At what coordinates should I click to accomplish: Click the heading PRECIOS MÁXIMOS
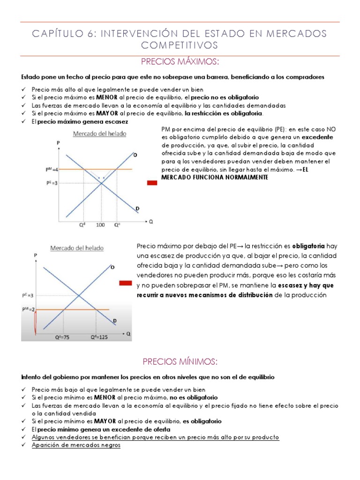click(180, 63)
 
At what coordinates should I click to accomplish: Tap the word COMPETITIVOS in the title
click(180, 45)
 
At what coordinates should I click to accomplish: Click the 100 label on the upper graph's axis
click(100, 225)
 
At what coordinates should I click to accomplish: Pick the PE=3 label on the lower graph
click(28, 296)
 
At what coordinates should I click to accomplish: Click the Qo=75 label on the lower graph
click(62, 337)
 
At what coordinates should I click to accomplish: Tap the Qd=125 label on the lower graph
click(99, 337)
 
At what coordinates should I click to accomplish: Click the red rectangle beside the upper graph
click(152, 183)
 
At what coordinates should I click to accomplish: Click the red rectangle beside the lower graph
click(125, 283)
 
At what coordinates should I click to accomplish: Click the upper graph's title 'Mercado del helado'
click(99, 134)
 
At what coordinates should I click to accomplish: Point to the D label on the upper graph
click(137, 209)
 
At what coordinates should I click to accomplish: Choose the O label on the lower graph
click(112, 267)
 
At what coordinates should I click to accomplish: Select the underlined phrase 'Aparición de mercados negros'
click(76, 445)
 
